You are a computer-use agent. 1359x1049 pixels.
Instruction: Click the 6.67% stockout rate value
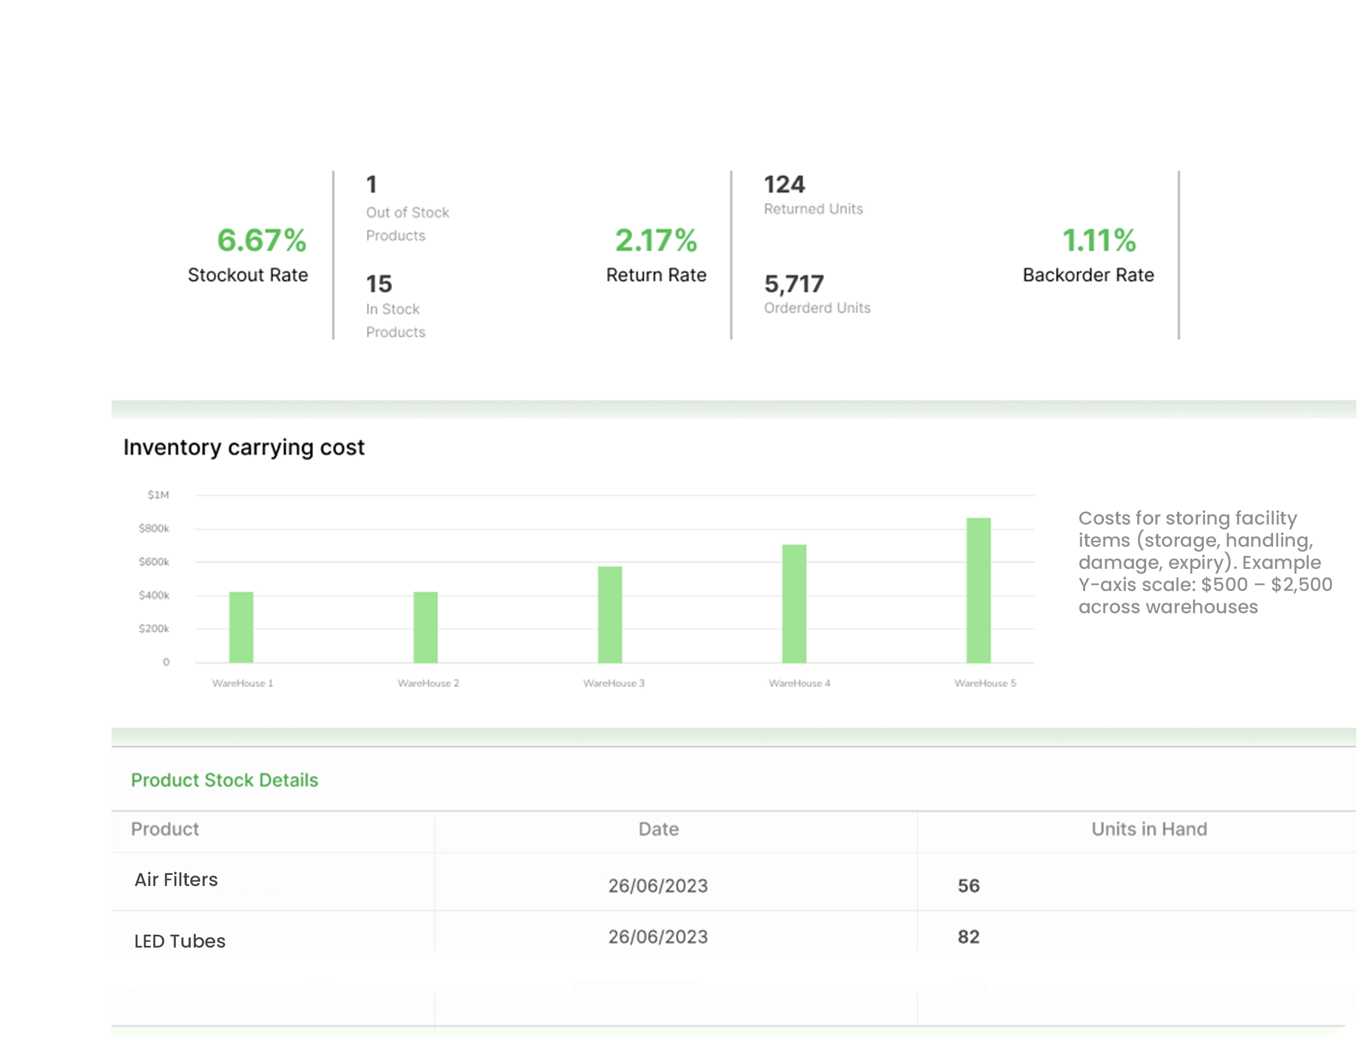(x=262, y=240)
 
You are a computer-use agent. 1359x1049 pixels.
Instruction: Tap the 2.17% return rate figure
(x=656, y=240)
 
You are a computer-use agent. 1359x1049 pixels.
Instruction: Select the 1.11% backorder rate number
(x=1099, y=240)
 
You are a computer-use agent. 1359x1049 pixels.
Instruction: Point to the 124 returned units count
(x=784, y=184)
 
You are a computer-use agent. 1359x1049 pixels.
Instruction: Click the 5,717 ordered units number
(x=794, y=284)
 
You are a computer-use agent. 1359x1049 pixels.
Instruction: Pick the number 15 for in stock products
(x=379, y=284)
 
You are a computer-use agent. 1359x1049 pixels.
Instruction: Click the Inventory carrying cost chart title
(x=243, y=447)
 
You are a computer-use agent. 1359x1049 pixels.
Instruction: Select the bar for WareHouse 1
(x=242, y=627)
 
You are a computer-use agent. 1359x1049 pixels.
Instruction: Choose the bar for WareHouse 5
(x=978, y=589)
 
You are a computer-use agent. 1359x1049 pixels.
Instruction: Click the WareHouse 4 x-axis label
(x=799, y=683)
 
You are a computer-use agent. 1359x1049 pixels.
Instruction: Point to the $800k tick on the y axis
(x=154, y=528)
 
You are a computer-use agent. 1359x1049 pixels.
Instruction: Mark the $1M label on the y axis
(x=158, y=495)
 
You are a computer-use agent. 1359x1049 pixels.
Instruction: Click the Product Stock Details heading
(x=224, y=780)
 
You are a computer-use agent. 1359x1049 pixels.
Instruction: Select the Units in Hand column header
(x=1149, y=829)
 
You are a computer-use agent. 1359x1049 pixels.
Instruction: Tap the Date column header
(x=658, y=829)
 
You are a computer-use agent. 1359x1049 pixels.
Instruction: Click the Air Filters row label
(x=176, y=880)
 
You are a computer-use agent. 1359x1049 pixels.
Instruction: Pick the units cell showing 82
(x=968, y=937)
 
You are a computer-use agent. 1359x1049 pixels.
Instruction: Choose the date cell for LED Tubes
(x=658, y=937)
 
